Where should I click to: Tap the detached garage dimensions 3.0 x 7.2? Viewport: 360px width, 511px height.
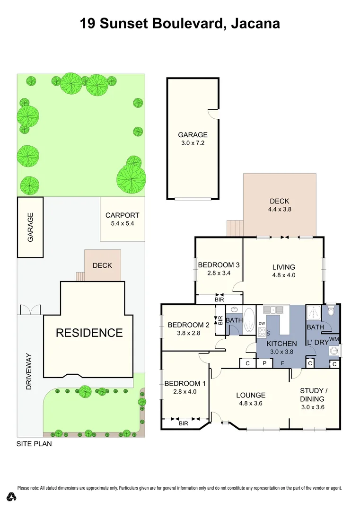click(193, 143)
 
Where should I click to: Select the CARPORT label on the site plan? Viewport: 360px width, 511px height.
click(122, 215)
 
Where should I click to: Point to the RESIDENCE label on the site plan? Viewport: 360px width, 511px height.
click(89, 333)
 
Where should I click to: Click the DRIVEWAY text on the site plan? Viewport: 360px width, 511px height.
click(29, 371)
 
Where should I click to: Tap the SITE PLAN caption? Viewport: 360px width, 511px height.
click(34, 444)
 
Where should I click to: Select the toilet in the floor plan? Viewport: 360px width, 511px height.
click(331, 310)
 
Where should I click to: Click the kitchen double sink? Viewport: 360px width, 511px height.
click(273, 310)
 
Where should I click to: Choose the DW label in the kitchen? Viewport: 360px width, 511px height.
click(262, 323)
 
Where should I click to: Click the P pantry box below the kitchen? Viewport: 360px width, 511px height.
click(264, 363)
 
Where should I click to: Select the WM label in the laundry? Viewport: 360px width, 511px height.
click(334, 339)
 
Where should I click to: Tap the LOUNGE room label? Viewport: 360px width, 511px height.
click(251, 395)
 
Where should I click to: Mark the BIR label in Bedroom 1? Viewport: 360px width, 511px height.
click(184, 423)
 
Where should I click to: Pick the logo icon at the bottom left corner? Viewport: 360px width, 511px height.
click(12, 496)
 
